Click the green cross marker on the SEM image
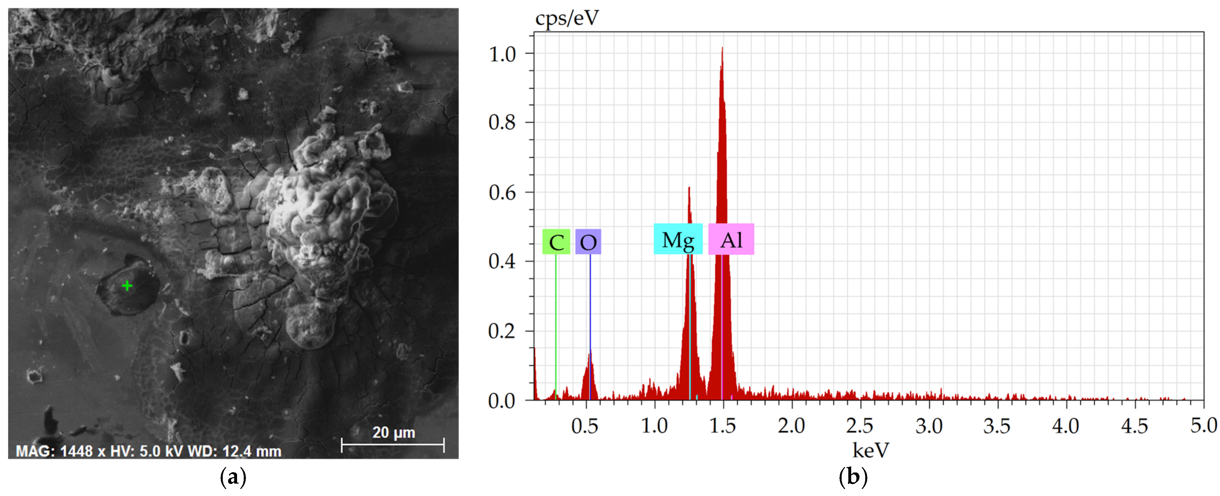click(127, 286)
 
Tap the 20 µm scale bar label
click(394, 433)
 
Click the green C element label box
click(556, 242)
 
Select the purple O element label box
click(588, 242)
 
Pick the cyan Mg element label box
click(678, 239)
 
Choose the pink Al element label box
click(731, 239)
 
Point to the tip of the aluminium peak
click(722, 48)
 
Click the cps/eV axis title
click(567, 18)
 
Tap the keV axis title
click(871, 450)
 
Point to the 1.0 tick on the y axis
click(502, 54)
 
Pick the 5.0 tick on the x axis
click(1203, 425)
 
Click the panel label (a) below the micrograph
click(233, 477)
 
